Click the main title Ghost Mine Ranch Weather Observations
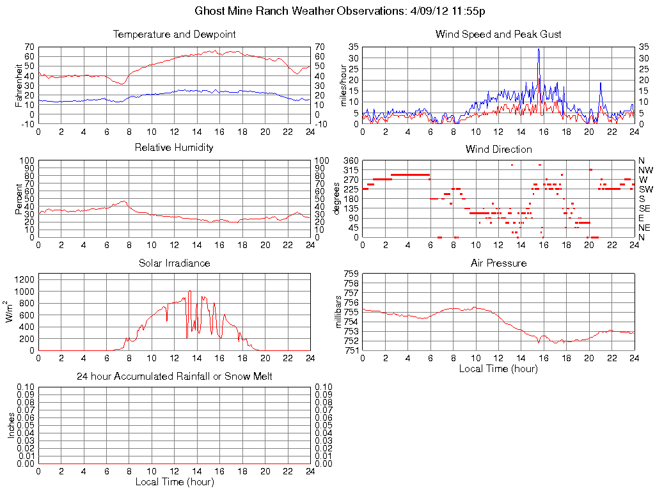tap(339, 12)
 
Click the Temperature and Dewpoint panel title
tap(174, 34)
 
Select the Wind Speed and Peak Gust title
tap(498, 34)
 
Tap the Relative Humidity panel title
tap(174, 148)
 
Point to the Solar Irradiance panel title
tap(174, 263)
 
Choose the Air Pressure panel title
tap(498, 263)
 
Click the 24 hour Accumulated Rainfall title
tap(174, 377)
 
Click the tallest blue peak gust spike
tap(539, 49)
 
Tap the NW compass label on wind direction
tap(645, 170)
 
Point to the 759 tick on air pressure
tap(351, 274)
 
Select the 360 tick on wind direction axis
tap(351, 160)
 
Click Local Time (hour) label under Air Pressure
tap(498, 368)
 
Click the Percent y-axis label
tap(19, 199)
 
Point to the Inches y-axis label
tap(12, 426)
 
